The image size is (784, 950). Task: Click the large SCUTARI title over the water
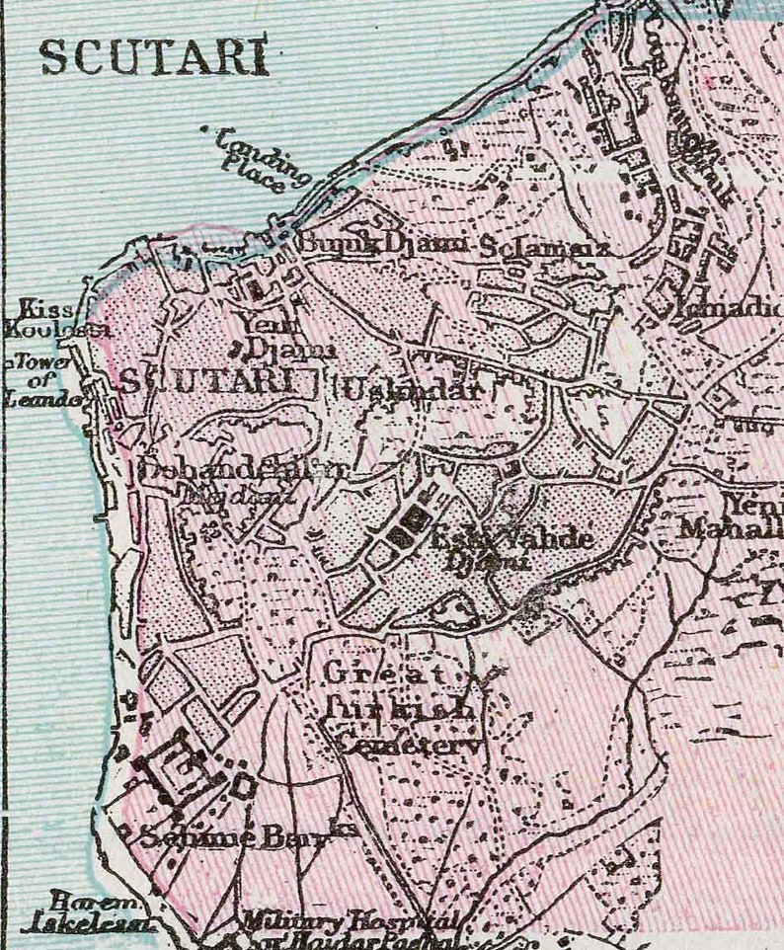coord(153,58)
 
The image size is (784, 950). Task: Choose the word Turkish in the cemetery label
coord(399,709)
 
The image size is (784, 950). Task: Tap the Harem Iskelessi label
coord(101,914)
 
